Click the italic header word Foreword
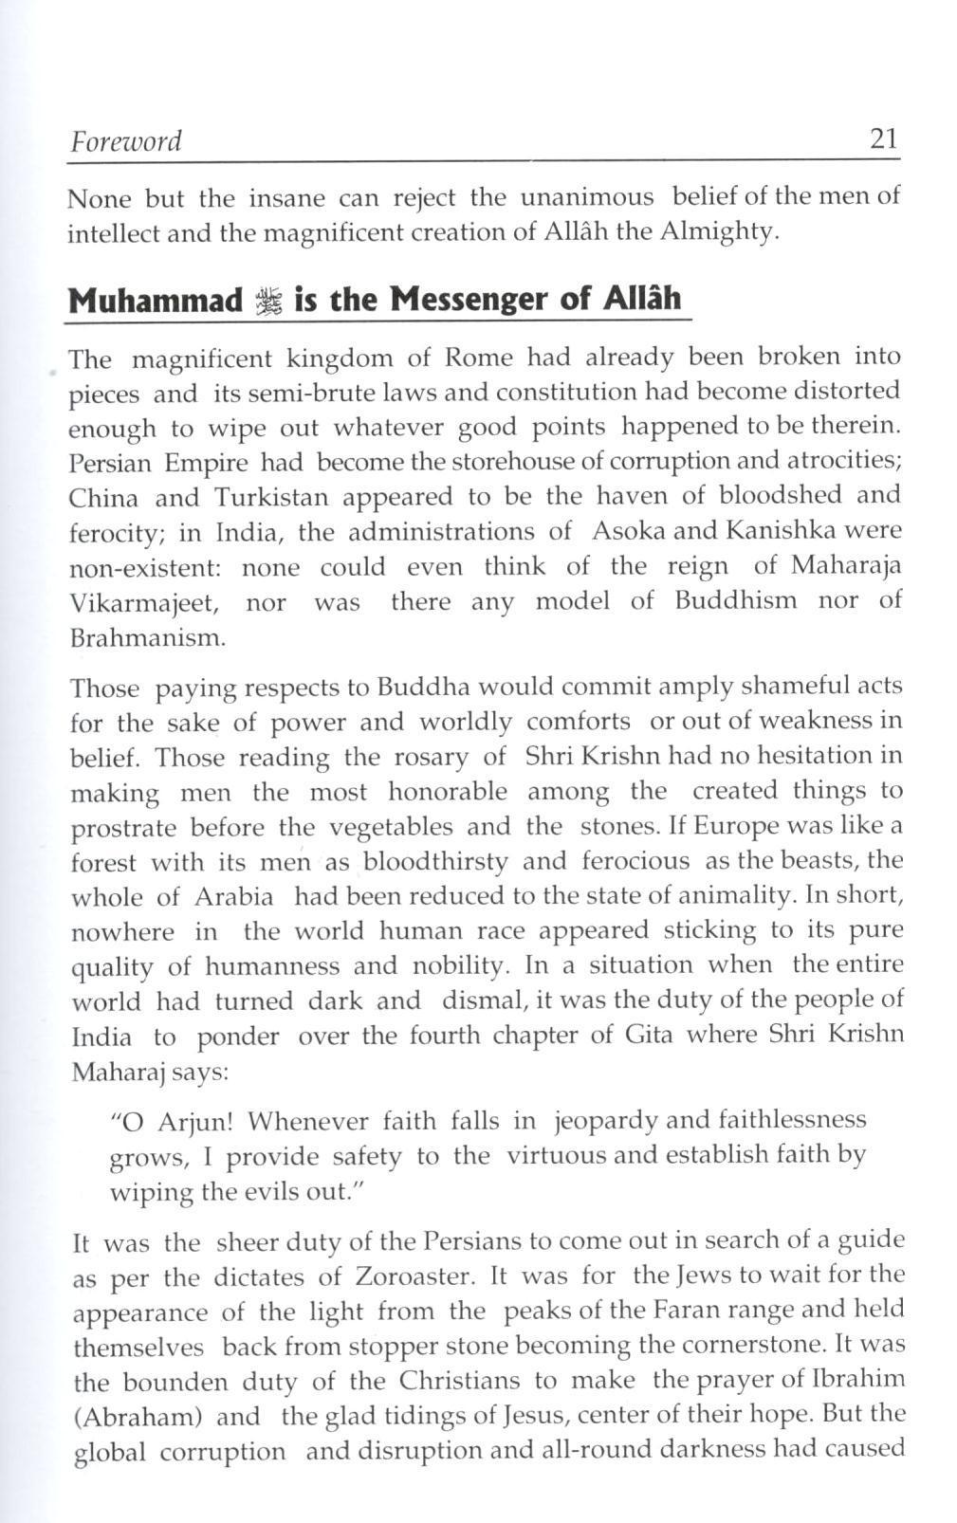click(125, 141)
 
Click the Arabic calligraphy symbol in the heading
click(269, 302)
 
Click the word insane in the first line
click(287, 198)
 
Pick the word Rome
click(479, 358)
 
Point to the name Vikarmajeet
click(145, 603)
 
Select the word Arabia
click(234, 896)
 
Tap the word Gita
click(649, 1035)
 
